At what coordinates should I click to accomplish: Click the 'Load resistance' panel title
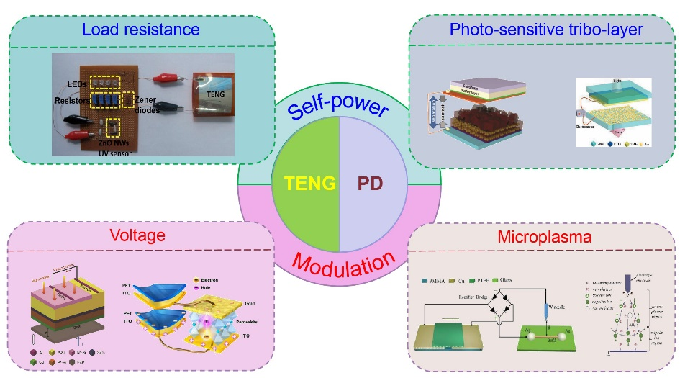click(x=140, y=30)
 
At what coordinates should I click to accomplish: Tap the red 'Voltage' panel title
click(x=137, y=235)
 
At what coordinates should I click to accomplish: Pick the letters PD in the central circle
click(x=371, y=184)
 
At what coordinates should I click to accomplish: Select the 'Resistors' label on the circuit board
click(x=73, y=102)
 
